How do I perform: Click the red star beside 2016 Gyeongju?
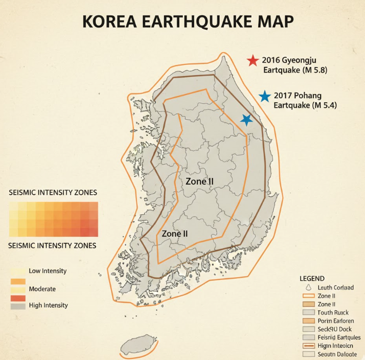tap(252, 61)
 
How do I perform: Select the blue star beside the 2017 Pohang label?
tap(264, 96)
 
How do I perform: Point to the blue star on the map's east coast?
tap(247, 120)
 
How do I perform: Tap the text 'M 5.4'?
tap(324, 105)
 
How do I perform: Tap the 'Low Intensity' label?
tap(48, 271)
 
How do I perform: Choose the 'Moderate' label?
tap(42, 289)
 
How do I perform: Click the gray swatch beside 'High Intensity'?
tap(17, 306)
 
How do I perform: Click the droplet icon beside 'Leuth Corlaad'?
tap(306, 287)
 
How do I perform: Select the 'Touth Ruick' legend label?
tap(333, 312)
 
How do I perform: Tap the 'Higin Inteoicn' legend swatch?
tap(308, 346)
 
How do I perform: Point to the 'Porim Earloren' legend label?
tap(335, 321)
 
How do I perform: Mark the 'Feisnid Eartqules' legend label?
tap(339, 337)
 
